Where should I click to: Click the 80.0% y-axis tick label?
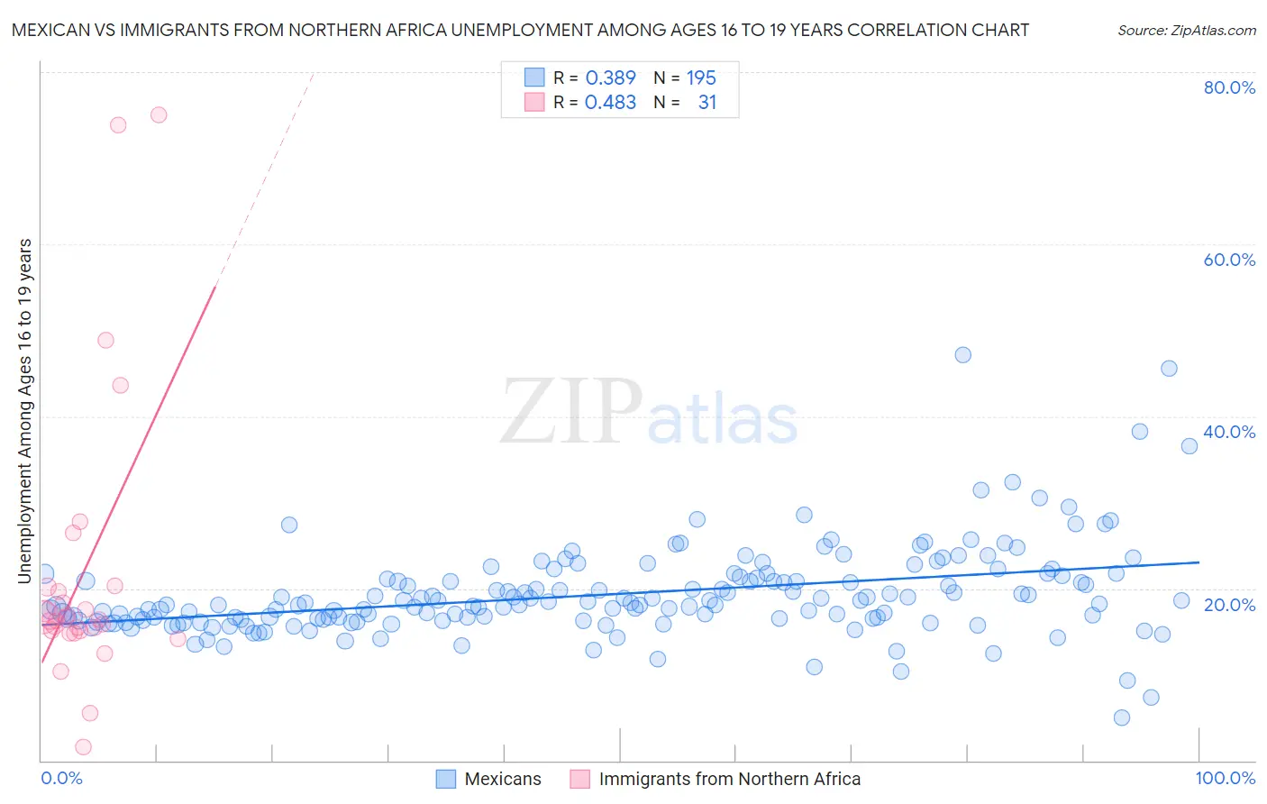[x=1229, y=87]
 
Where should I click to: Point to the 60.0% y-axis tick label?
[x=1229, y=260]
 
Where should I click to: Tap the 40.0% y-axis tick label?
[x=1229, y=432]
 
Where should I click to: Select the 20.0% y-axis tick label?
[x=1229, y=604]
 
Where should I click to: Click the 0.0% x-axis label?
[x=61, y=778]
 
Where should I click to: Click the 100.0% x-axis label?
[x=1225, y=778]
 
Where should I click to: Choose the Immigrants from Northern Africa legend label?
[x=729, y=779]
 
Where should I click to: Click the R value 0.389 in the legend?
[x=610, y=78]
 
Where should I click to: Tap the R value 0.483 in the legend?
[x=610, y=103]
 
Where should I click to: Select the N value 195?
[x=700, y=78]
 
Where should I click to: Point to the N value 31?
[x=706, y=103]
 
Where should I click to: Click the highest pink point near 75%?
[x=159, y=114]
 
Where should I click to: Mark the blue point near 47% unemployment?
[x=962, y=355]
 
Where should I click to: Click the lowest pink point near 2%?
[x=83, y=747]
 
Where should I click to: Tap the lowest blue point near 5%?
[x=1122, y=717]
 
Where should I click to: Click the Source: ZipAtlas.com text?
[x=1186, y=30]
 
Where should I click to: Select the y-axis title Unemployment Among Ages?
[x=24, y=410]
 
